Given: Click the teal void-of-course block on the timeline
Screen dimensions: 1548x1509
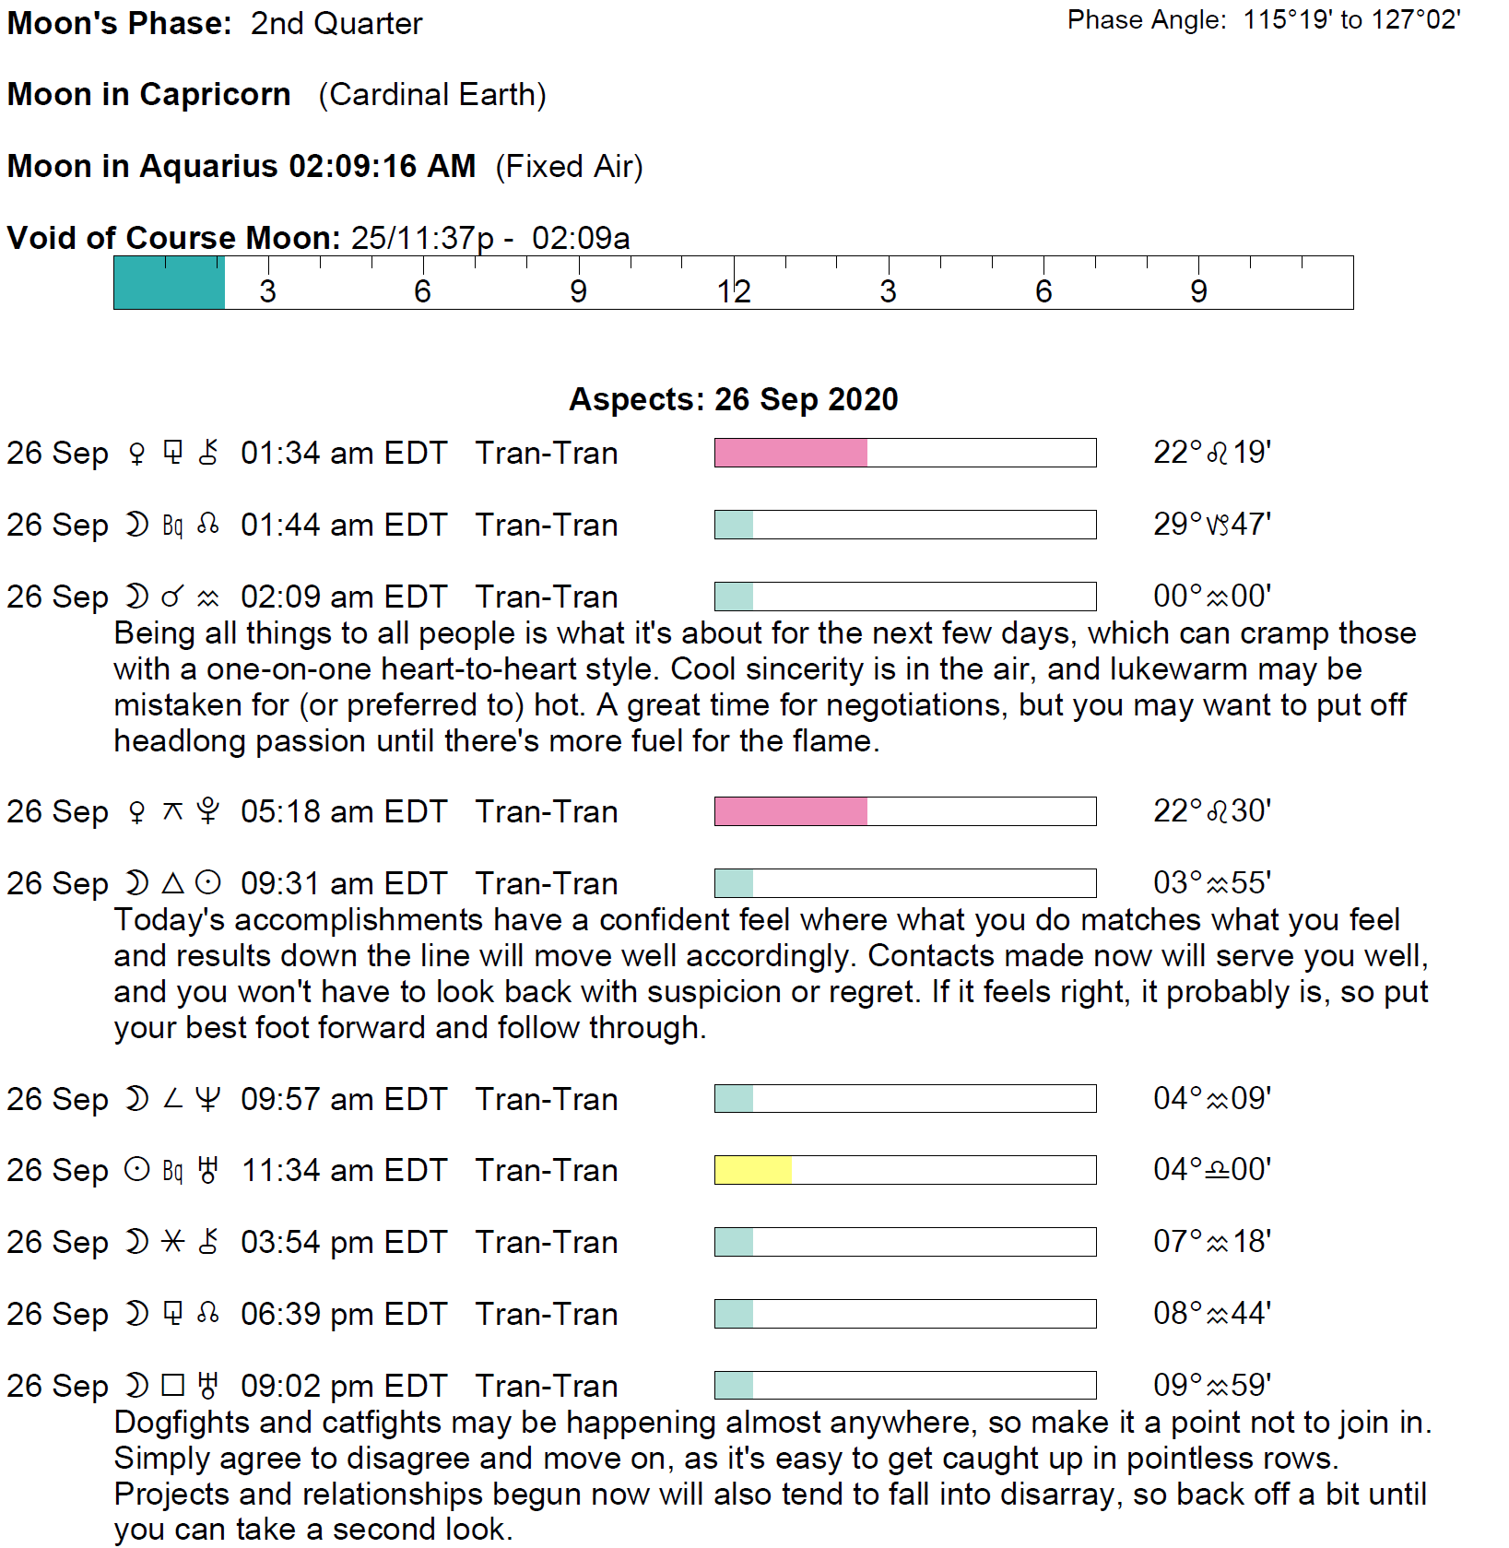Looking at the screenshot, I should click(170, 283).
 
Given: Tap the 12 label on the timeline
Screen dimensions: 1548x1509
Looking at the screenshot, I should click(734, 291).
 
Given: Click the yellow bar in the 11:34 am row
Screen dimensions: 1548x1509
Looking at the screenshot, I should click(753, 1170).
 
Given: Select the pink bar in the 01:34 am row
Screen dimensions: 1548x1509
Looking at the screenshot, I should click(790, 453).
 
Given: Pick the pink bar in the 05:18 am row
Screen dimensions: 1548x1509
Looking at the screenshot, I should click(790, 811).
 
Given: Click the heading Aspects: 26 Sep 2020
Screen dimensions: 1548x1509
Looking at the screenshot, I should click(733, 399).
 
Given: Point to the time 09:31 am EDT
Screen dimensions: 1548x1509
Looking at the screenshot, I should click(343, 883).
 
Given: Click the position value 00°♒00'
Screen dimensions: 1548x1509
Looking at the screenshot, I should click(1211, 597).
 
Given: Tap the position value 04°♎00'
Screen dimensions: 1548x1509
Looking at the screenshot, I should click(1211, 1170).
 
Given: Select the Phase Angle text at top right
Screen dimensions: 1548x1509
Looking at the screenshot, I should click(1263, 20).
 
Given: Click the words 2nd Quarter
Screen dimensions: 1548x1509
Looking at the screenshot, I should click(336, 24).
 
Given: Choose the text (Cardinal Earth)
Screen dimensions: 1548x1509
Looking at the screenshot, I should click(432, 95).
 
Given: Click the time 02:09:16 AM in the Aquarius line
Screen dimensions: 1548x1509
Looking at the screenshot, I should click(382, 167).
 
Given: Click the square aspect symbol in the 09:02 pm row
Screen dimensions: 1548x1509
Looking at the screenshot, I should click(172, 1385).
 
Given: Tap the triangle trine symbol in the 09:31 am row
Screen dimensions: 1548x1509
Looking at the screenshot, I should click(172, 883).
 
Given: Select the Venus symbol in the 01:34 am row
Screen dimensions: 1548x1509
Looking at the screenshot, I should click(136, 453).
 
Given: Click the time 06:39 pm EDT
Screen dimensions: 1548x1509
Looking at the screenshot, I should click(343, 1314).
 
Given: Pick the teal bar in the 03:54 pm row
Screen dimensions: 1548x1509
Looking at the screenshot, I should click(734, 1242).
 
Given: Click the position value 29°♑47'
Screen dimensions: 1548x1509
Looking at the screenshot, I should click(1211, 525).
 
